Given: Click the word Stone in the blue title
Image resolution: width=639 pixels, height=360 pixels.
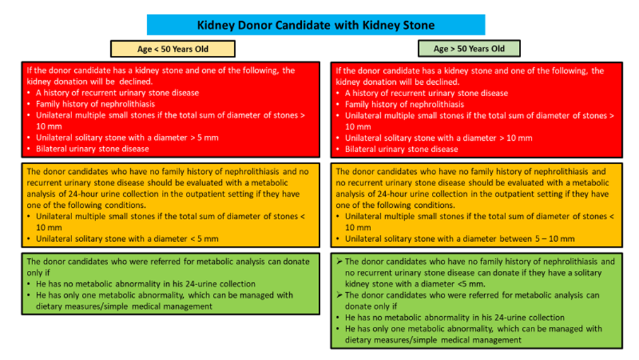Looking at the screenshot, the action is [x=418, y=25].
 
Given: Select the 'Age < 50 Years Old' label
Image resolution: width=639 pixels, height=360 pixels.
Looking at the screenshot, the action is [x=172, y=49].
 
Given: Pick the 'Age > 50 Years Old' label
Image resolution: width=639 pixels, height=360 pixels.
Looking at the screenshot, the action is [x=469, y=49].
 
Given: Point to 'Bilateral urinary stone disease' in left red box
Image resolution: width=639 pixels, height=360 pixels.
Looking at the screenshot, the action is [x=93, y=149].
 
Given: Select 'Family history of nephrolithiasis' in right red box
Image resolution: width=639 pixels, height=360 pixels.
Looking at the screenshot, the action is [x=404, y=105].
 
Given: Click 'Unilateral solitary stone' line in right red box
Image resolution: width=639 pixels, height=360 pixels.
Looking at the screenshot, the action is [x=438, y=138].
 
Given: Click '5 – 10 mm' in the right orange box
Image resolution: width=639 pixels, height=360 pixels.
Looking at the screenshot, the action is [x=555, y=239].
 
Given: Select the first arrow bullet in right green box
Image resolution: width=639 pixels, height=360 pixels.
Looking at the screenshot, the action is [x=339, y=262].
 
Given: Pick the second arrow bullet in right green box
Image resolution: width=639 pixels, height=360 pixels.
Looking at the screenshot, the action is [x=339, y=295].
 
